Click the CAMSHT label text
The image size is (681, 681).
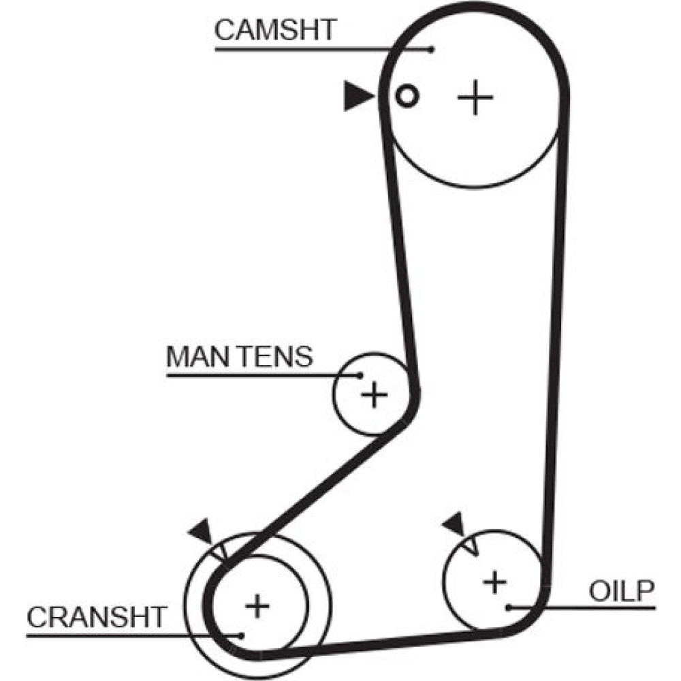click(275, 31)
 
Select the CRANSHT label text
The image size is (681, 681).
click(96, 617)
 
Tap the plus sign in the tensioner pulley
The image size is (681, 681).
click(373, 394)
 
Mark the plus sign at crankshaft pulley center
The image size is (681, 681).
click(257, 605)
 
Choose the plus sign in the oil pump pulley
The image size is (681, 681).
click(495, 582)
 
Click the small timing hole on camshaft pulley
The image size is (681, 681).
click(407, 96)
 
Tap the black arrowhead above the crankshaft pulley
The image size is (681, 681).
click(202, 531)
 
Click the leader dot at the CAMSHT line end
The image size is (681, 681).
click(431, 48)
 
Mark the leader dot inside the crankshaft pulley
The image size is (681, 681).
click(242, 635)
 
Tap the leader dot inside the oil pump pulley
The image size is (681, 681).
click(509, 605)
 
